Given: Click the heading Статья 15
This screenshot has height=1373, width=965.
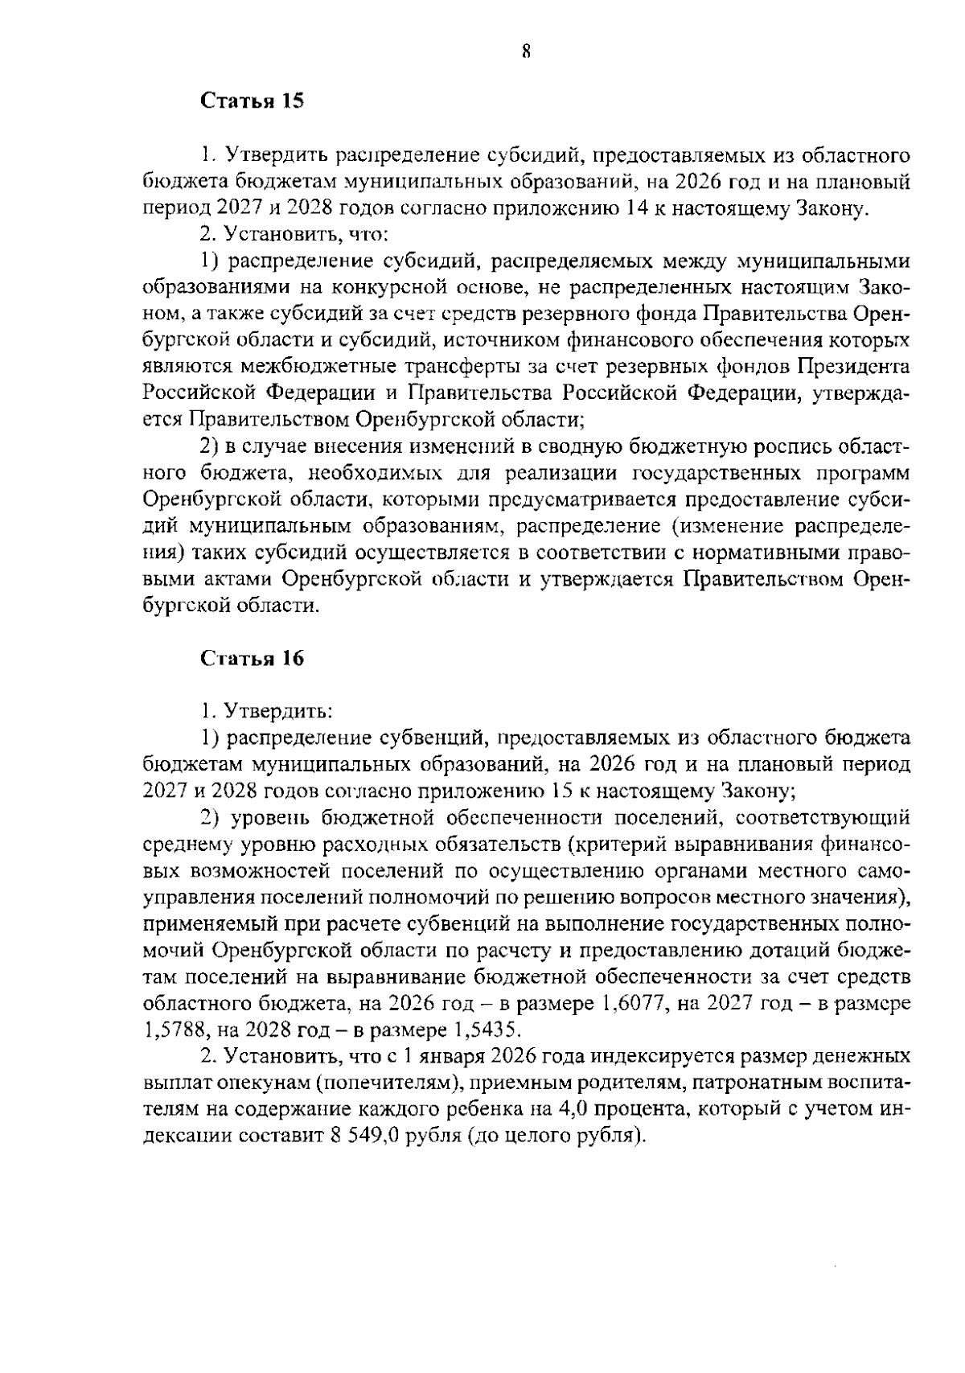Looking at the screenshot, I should click(251, 101).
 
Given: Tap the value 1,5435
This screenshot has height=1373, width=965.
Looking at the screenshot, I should click(488, 1030).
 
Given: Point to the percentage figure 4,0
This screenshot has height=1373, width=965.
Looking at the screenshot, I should click(569, 1109).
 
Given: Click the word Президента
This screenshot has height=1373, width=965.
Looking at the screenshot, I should click(854, 367).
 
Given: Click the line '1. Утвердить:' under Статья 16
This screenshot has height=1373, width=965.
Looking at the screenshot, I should click(267, 710).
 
